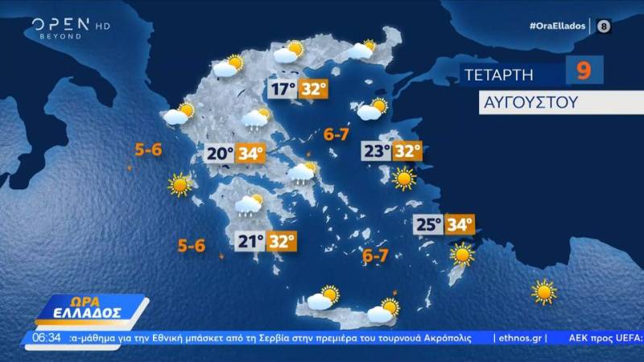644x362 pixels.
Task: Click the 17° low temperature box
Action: point(283,88)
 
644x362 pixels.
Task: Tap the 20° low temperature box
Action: point(221,152)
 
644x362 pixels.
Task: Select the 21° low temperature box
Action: point(250,241)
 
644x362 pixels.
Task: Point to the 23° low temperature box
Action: point(376,150)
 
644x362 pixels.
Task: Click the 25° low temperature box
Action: point(429,224)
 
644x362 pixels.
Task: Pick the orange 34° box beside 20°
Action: point(250,152)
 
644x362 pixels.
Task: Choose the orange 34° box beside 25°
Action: point(460,224)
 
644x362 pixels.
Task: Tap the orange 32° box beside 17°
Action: point(313,88)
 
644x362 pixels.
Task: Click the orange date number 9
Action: point(584,71)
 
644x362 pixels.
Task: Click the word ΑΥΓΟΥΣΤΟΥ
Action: point(517,103)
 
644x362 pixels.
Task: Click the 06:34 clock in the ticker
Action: point(47,337)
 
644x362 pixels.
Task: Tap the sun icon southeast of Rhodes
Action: point(544,291)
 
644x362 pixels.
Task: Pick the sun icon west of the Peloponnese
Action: point(180,186)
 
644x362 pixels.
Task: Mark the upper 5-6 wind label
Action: point(149,150)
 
